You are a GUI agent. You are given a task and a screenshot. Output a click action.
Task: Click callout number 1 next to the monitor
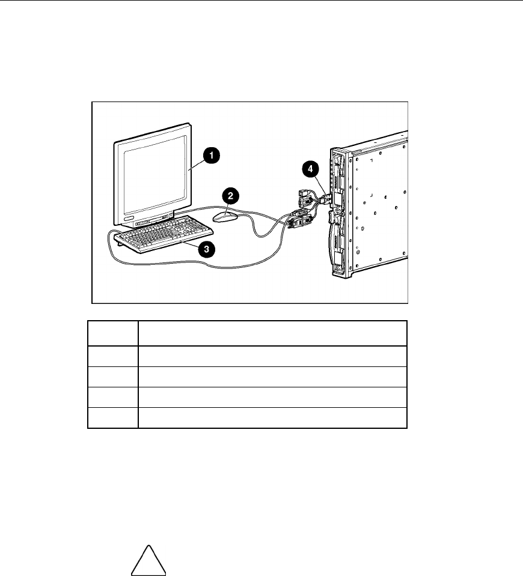210,155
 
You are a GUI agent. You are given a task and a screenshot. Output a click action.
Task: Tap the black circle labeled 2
229,195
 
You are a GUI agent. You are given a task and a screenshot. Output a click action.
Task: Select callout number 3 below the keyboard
208,250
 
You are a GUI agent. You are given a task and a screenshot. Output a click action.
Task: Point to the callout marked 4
311,169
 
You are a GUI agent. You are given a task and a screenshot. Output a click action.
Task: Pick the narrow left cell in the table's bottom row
113,417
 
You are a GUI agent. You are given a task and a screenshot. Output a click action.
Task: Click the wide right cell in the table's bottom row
272,417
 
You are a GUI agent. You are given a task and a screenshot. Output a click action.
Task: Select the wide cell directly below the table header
272,356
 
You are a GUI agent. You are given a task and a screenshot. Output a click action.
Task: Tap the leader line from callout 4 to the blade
319,183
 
